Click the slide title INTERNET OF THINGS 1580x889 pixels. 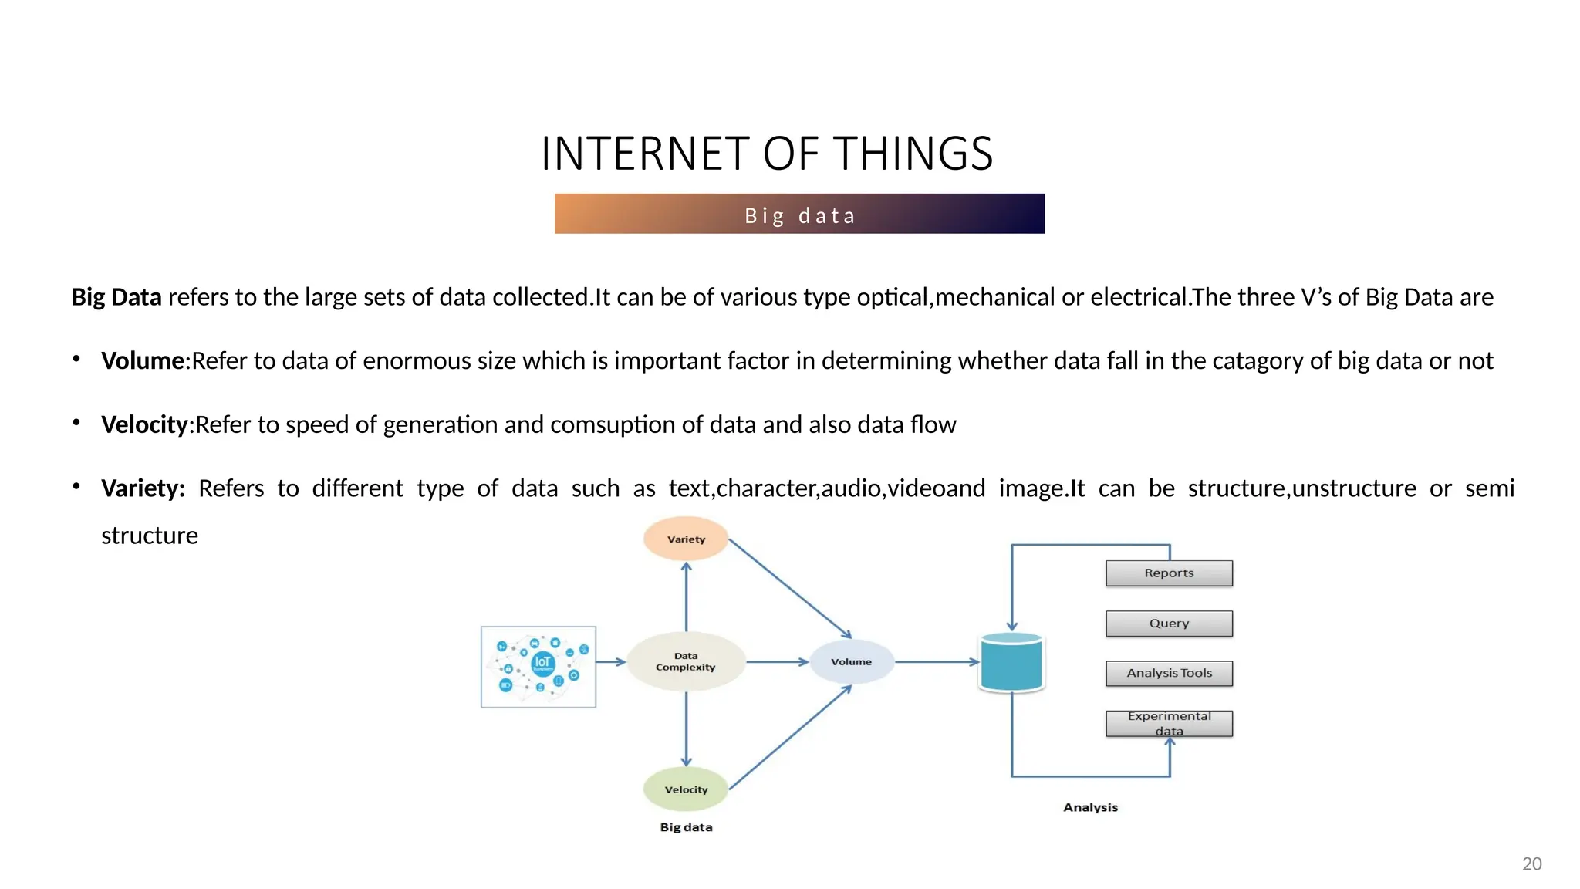point(767,154)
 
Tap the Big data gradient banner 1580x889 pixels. point(799,215)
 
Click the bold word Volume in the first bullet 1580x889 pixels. point(143,360)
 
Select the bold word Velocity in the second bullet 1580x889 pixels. point(144,424)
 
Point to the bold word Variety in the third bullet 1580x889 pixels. point(143,488)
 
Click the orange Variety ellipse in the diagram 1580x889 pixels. point(686,539)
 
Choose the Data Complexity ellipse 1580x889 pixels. point(686,661)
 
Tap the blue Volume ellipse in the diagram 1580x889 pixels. point(851,661)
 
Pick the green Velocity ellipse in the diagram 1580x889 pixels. point(686,789)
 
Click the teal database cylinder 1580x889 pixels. point(1011,662)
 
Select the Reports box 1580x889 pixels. point(1169,573)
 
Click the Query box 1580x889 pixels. point(1169,624)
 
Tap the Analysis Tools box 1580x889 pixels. point(1169,673)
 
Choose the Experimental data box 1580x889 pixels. point(1169,723)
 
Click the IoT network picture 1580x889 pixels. point(538,667)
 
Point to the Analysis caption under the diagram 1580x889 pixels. point(1090,807)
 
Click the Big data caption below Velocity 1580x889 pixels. point(686,827)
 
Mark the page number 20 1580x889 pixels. point(1531,864)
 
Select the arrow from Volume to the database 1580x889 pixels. point(936,662)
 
